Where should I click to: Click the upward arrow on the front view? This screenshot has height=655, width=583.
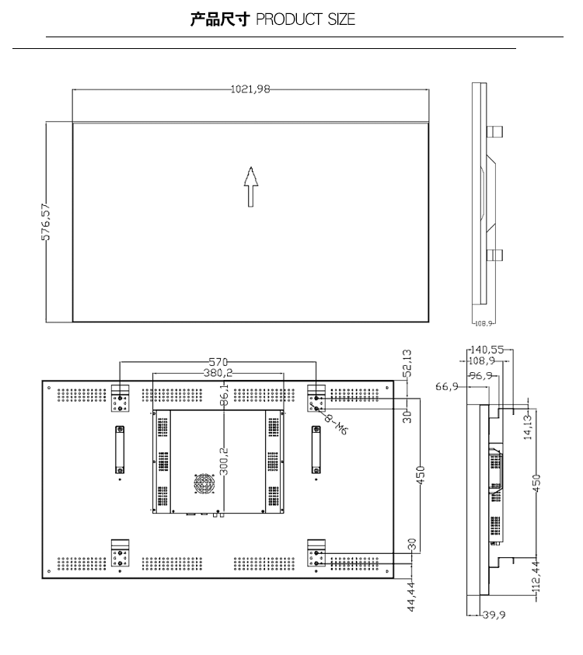[251, 186]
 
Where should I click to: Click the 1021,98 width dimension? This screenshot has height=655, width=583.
[250, 89]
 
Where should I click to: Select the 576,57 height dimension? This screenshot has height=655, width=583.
[46, 221]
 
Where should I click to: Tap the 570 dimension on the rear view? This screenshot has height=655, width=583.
[218, 362]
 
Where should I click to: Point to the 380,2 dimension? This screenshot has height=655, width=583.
[218, 373]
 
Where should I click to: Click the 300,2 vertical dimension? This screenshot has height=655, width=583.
[224, 462]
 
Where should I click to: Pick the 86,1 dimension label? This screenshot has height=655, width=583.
[224, 395]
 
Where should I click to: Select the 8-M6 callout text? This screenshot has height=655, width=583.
[336, 424]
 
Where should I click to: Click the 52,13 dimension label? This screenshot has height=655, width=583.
[407, 364]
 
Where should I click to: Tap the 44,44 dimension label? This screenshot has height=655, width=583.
[412, 597]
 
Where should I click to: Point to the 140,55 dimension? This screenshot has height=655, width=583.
[487, 350]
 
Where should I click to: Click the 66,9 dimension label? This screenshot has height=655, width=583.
[447, 386]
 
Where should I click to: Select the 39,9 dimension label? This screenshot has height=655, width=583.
[494, 615]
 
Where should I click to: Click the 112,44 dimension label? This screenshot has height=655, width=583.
[536, 577]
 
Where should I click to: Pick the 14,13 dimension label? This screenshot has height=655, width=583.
[528, 427]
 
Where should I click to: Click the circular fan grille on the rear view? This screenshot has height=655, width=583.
[204, 484]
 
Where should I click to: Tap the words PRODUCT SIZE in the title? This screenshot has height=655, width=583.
[305, 19]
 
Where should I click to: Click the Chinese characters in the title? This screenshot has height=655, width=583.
[220, 19]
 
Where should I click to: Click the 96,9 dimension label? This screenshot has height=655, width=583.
[480, 375]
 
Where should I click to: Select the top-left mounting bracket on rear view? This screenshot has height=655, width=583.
[120, 398]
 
